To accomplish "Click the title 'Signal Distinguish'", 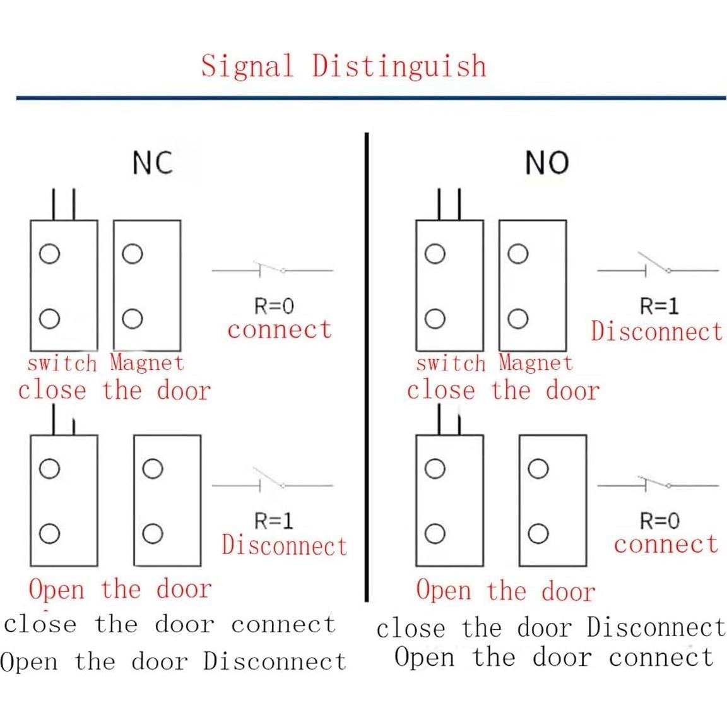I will click(344, 66).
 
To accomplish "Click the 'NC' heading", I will click(152, 163).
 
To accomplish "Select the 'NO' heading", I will click(547, 163).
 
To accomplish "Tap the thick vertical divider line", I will click(367, 366).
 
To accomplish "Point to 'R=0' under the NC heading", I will click(274, 307).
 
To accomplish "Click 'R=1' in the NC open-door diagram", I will click(274, 521).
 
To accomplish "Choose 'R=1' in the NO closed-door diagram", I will click(659, 307).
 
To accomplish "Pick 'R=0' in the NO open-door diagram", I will click(659, 521).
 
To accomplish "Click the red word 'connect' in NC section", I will click(280, 329).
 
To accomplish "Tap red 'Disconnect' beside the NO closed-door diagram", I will click(656, 331).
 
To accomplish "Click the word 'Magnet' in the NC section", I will click(146, 363).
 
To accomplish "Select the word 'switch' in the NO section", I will click(451, 363).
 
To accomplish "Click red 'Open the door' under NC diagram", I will click(120, 589).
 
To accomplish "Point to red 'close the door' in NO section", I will click(502, 390).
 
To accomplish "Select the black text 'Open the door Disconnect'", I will click(174, 661).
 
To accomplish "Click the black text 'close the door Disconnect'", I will click(551, 628).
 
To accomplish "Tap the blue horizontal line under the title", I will click(371, 98).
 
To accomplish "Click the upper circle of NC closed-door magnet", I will click(133, 254).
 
